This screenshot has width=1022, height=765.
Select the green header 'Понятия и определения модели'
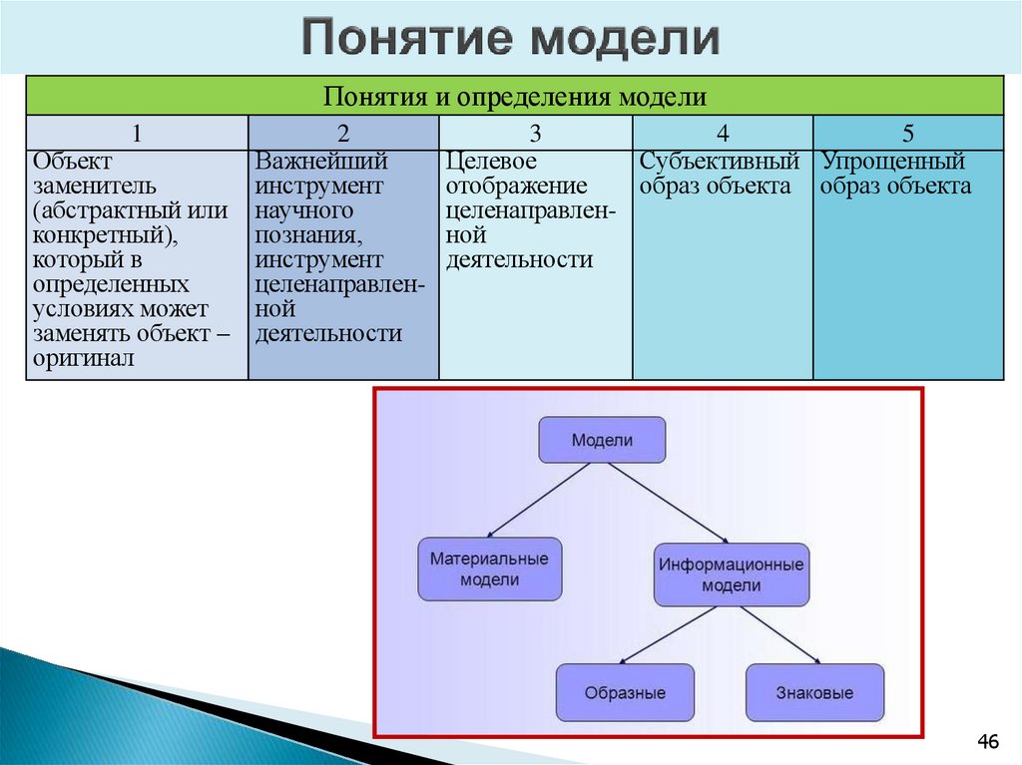pyautogui.click(x=514, y=97)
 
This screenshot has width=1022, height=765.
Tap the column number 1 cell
pyautogui.click(x=137, y=134)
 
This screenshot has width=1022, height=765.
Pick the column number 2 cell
pyautogui.click(x=343, y=134)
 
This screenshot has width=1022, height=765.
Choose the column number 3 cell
pyautogui.click(x=535, y=134)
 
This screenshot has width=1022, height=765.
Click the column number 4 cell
pyautogui.click(x=723, y=134)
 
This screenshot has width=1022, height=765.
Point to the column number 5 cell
pyautogui.click(x=908, y=134)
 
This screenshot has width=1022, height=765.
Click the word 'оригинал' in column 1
pyautogui.click(x=83, y=359)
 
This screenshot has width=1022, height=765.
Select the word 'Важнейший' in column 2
pyautogui.click(x=321, y=162)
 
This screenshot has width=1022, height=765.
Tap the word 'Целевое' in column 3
pyautogui.click(x=492, y=162)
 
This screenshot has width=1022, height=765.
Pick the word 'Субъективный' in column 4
pyautogui.click(x=720, y=162)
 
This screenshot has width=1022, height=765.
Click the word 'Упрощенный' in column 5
pyautogui.click(x=893, y=162)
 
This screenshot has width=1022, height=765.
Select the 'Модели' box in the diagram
pyautogui.click(x=602, y=440)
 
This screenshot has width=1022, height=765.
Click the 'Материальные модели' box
pyautogui.click(x=489, y=570)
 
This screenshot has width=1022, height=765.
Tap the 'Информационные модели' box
pyautogui.click(x=731, y=574)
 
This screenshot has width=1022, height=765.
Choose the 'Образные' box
pyautogui.click(x=625, y=692)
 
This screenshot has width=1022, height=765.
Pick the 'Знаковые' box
pyautogui.click(x=814, y=692)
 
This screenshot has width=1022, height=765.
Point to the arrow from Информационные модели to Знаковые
pyautogui.click(x=779, y=634)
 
